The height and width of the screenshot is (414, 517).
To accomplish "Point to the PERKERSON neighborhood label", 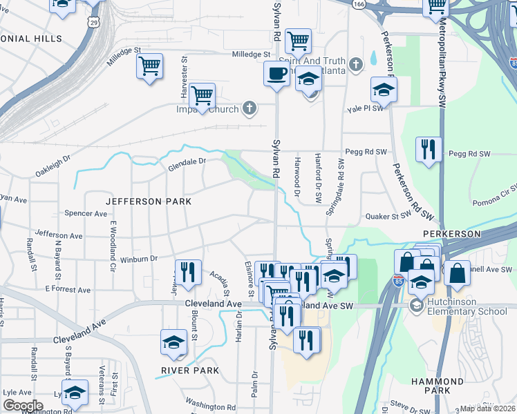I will click(x=451, y=234).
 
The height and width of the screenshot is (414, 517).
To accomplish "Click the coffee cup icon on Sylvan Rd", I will click(x=276, y=73).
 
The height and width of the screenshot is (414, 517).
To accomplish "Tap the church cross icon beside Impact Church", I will click(x=250, y=108).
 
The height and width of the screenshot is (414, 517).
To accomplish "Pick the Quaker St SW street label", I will click(x=388, y=216).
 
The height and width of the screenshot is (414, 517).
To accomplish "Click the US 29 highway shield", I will click(x=95, y=23).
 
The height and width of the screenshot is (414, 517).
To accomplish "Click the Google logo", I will click(x=23, y=405).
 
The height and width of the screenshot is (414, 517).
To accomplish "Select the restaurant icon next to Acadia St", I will click(x=187, y=271).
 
